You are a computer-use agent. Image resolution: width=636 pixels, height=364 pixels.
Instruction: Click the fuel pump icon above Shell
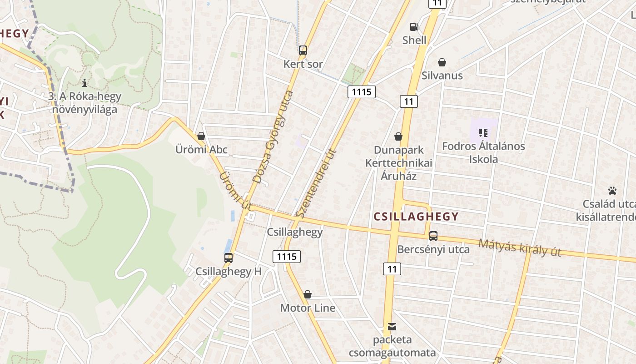414,27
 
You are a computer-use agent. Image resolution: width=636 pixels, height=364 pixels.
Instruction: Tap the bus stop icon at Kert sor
303,51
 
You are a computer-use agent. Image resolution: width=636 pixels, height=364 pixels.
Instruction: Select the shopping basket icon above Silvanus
442,62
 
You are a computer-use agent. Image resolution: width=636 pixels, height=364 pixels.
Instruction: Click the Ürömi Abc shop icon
201,136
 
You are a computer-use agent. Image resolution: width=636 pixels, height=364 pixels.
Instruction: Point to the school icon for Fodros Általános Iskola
483,133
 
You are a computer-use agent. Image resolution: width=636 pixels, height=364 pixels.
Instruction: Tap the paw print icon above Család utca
612,190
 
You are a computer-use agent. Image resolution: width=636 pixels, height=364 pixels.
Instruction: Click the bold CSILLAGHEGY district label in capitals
416,217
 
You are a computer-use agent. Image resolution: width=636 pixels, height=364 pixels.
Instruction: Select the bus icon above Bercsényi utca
433,236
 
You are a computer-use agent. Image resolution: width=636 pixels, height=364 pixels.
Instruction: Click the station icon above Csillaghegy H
229,258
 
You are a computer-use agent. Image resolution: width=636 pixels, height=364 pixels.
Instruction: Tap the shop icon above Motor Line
308,294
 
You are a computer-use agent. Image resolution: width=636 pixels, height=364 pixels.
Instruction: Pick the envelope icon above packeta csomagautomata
392,327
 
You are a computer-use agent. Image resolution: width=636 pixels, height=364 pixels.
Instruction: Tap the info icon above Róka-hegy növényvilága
84,83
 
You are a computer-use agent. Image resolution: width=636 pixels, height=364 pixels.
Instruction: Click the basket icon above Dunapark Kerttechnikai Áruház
398,136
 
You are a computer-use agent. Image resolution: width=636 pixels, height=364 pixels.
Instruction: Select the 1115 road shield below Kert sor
362,92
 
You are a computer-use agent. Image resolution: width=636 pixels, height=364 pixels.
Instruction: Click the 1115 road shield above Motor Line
287,257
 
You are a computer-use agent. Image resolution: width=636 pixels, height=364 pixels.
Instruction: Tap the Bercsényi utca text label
433,249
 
